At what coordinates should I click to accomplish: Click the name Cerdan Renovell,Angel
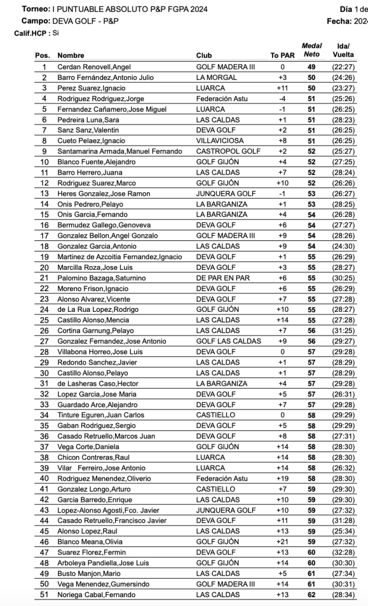tap(94, 67)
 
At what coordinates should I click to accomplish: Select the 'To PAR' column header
tap(283, 56)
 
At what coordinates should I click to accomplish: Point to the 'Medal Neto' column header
tap(312, 50)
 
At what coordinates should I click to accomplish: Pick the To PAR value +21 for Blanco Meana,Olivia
tap(283, 541)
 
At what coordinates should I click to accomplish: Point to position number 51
tap(43, 595)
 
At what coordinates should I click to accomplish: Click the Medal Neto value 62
tap(311, 595)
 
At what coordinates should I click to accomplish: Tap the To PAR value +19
tap(283, 478)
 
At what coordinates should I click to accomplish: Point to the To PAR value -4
tap(283, 98)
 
